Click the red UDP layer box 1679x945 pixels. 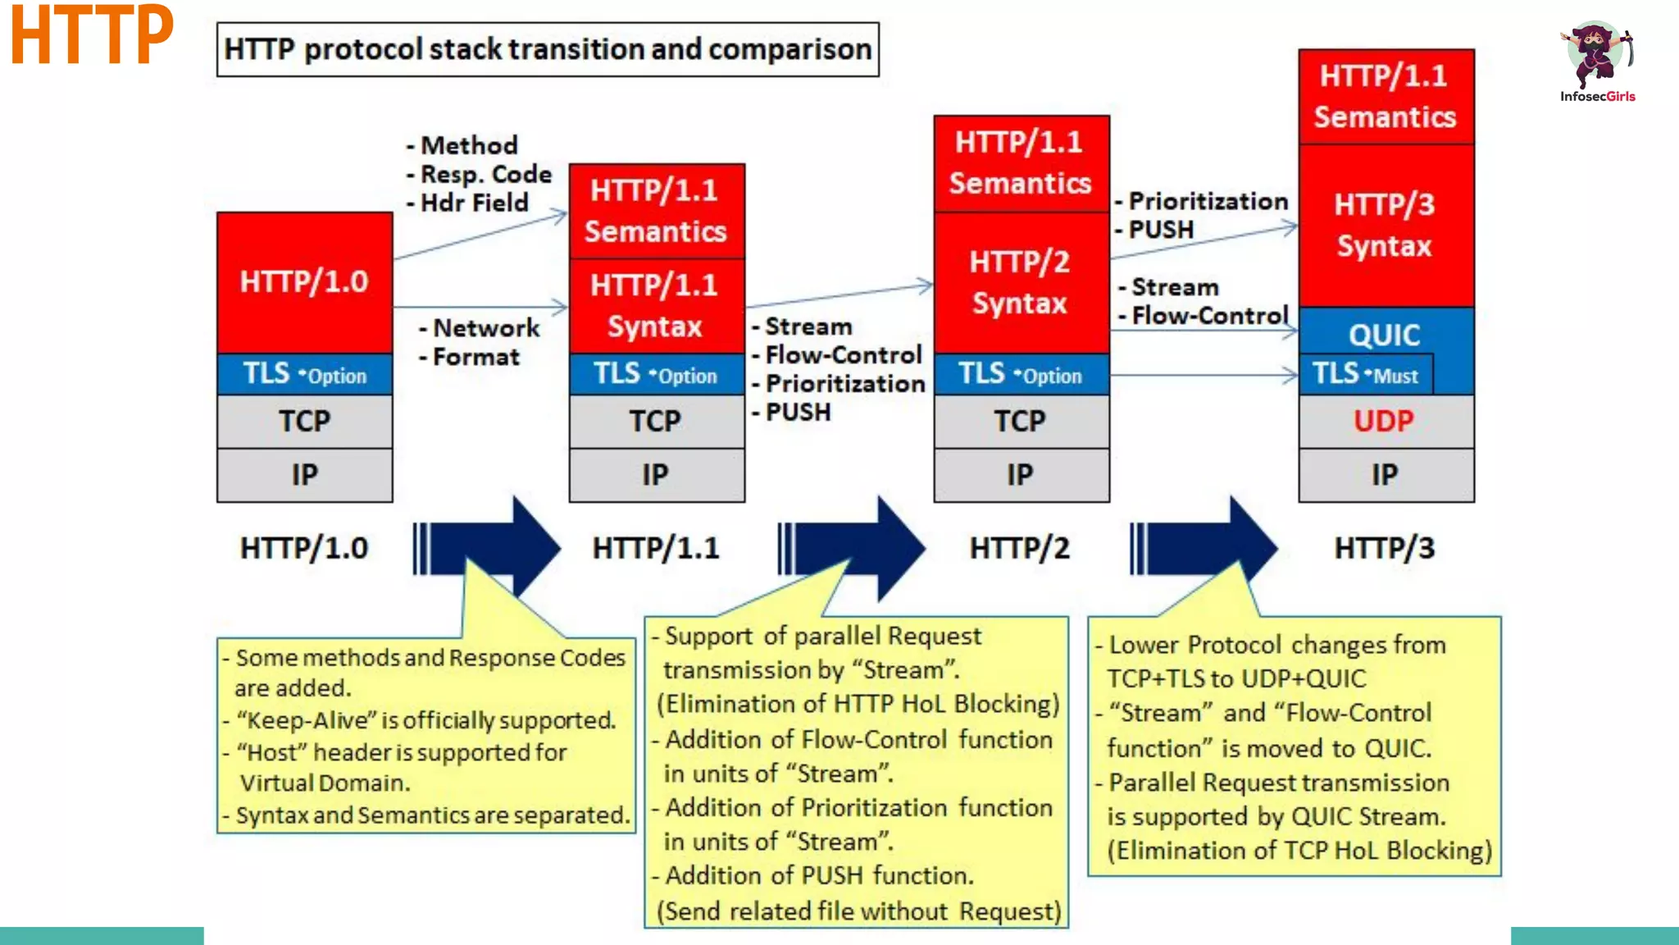click(x=1386, y=422)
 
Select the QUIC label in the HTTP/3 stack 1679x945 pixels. click(x=1385, y=335)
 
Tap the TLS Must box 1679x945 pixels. click(x=1366, y=374)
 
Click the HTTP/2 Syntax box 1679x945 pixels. click(x=1021, y=283)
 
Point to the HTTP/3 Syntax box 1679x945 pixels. click(x=1386, y=226)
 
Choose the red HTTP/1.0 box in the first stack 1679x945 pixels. click(x=304, y=282)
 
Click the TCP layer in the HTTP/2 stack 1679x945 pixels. click(x=1021, y=422)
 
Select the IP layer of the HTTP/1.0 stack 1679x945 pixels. click(x=304, y=475)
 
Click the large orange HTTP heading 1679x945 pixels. click(x=92, y=36)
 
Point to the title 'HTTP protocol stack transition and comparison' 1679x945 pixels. click(x=548, y=49)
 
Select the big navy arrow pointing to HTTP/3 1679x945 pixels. click(x=1213, y=548)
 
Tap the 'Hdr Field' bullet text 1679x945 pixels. click(x=475, y=203)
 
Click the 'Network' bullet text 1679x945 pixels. click(x=486, y=328)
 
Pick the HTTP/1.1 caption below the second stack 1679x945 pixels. click(x=656, y=548)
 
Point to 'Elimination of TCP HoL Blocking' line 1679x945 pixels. click(x=1299, y=851)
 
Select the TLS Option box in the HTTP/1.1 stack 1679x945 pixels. click(x=656, y=374)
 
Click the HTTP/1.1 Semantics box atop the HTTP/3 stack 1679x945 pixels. click(x=1386, y=97)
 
